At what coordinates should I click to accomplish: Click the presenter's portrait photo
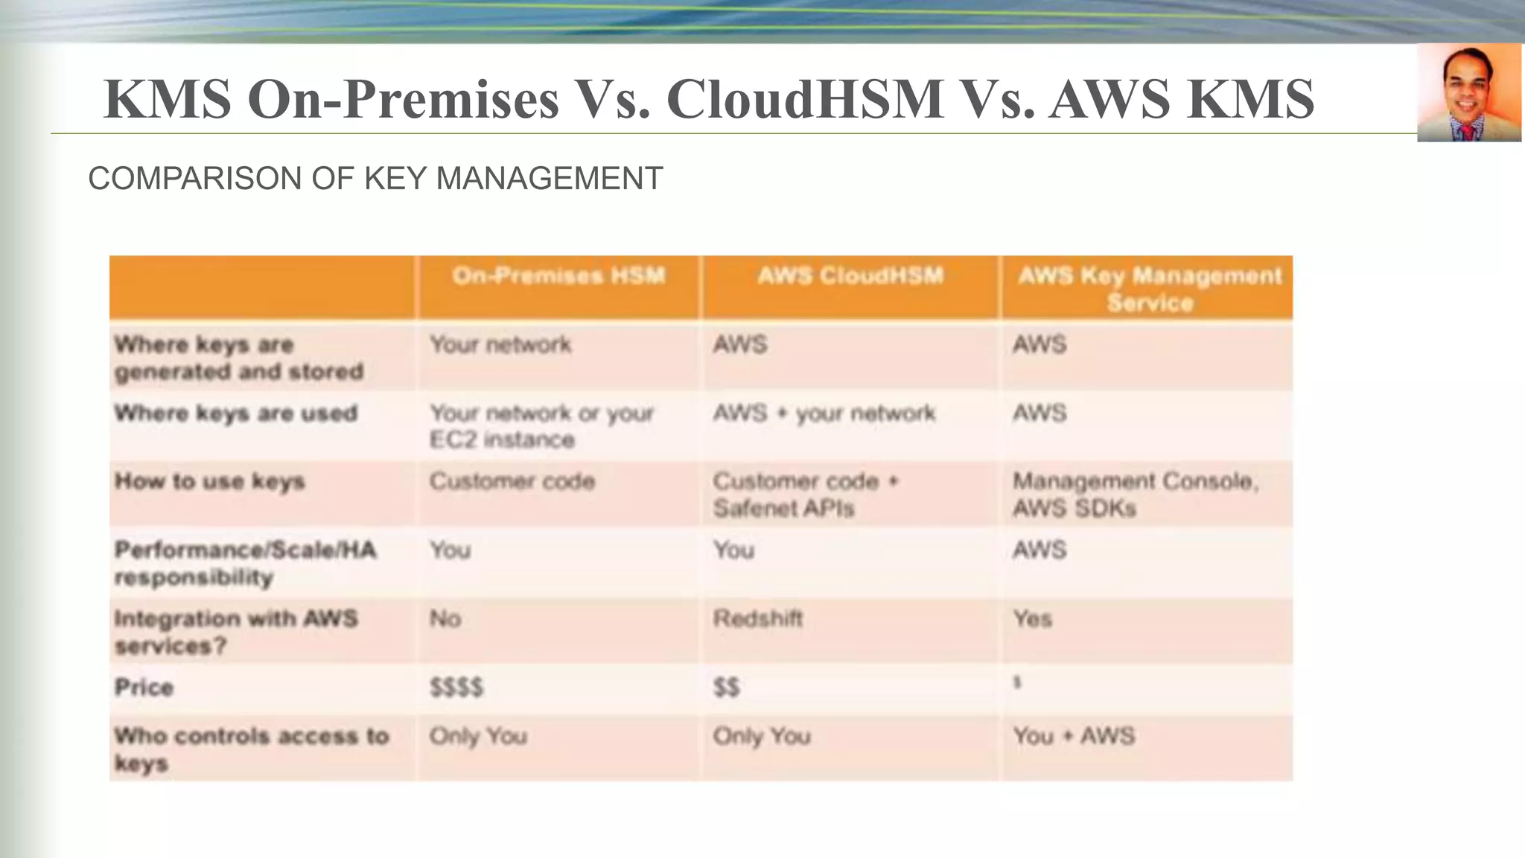point(1468,93)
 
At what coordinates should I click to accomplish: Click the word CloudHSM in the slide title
point(805,99)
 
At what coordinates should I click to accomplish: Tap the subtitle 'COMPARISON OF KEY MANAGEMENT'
point(375,179)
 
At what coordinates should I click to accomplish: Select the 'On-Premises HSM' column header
point(558,276)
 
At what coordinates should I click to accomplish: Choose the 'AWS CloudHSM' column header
point(850,276)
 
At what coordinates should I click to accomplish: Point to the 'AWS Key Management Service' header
point(1150,289)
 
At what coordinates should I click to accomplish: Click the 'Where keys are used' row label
point(236,413)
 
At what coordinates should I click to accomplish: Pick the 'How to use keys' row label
point(210,482)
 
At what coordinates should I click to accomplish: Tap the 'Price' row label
point(144,687)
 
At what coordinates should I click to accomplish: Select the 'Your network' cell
point(500,345)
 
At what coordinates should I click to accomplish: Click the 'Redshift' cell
point(758,619)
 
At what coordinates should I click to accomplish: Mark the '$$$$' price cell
point(456,687)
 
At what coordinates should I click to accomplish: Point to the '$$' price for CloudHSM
point(727,687)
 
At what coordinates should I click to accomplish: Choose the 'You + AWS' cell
point(1074,737)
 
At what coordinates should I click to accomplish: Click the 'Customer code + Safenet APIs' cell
point(806,495)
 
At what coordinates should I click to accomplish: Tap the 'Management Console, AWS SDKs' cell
point(1135,495)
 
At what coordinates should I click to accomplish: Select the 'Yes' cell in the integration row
point(1032,619)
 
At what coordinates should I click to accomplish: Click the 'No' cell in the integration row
point(445,619)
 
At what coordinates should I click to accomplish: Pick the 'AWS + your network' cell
point(824,413)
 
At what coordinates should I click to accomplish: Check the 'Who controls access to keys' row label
point(251,749)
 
